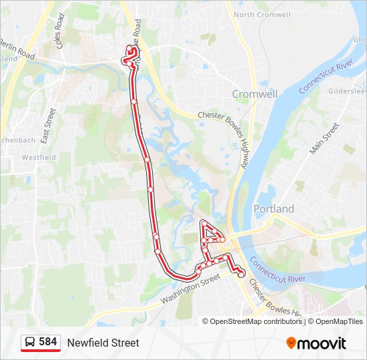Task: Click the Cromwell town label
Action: point(254,94)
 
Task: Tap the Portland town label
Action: point(274,209)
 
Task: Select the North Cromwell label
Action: point(262,15)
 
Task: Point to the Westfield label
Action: point(39,157)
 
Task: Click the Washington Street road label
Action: point(190,291)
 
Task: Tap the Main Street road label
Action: point(325,139)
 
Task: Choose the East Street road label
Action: point(47,127)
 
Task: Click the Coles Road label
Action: point(61,39)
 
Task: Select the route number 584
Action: point(48,342)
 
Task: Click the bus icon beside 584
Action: point(30,343)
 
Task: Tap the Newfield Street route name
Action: point(103,343)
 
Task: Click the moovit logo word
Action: point(322,343)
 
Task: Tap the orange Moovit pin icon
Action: point(291,343)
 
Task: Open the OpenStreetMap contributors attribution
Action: point(256,321)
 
